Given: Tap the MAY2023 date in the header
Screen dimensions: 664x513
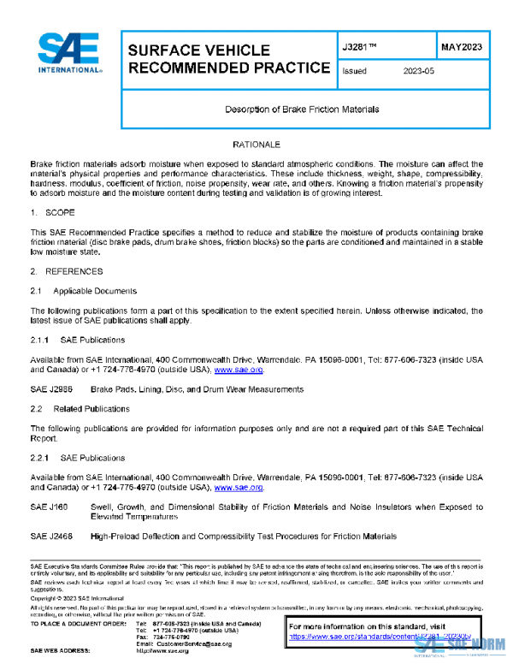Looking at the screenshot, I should click(x=463, y=47).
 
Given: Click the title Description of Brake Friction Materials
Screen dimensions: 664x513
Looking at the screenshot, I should click(x=302, y=110).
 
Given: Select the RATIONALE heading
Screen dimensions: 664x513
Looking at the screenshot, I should click(x=256, y=145).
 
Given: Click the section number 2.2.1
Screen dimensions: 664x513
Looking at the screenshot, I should click(x=42, y=458).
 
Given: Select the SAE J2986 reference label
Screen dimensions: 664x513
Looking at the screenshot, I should click(x=51, y=389).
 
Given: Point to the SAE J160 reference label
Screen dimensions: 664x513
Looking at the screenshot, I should click(x=49, y=507).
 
